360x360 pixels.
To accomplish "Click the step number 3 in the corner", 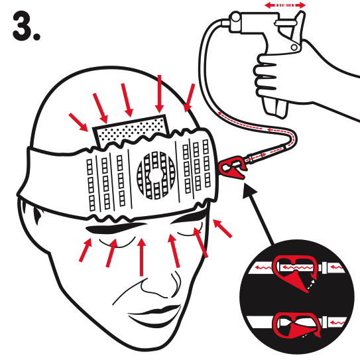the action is pos(27,27).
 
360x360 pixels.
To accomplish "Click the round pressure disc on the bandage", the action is pos(156,176).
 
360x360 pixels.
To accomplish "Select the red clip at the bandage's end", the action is pos(232,166).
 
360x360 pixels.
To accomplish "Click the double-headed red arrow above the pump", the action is pos(285,5).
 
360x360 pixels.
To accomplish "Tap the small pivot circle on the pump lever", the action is pos(294,48).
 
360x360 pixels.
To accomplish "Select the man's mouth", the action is pos(154,317).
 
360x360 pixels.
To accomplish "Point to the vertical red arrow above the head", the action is pos(159,93).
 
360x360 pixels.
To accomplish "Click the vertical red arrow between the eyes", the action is pos(142,257).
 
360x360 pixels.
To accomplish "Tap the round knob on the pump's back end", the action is pos(235,18).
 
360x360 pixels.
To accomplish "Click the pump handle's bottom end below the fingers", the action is pos(276,107).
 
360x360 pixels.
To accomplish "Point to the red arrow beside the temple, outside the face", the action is pos(222,228).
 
